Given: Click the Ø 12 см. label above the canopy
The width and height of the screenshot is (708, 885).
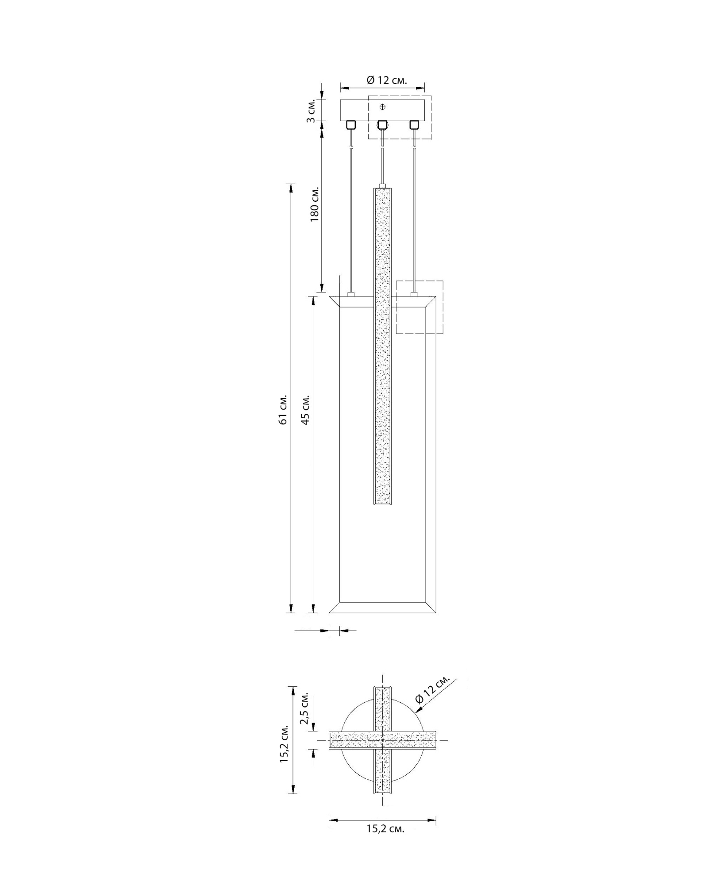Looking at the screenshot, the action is point(387,80).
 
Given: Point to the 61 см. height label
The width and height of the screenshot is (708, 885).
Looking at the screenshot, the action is point(283,409).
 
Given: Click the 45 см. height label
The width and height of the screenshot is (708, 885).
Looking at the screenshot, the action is point(305,409).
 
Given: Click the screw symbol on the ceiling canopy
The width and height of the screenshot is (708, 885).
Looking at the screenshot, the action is point(383,107).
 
